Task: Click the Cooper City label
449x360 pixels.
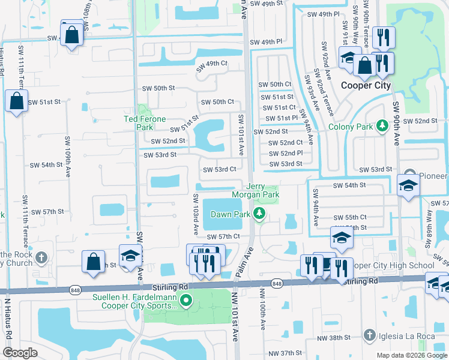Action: point(366,85)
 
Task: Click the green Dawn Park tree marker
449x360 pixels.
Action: point(259,214)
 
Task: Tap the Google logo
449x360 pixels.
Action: point(20,353)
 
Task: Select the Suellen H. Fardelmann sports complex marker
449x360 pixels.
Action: point(186,301)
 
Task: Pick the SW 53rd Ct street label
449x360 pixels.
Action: point(219,169)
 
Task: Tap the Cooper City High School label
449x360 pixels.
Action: point(393,266)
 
